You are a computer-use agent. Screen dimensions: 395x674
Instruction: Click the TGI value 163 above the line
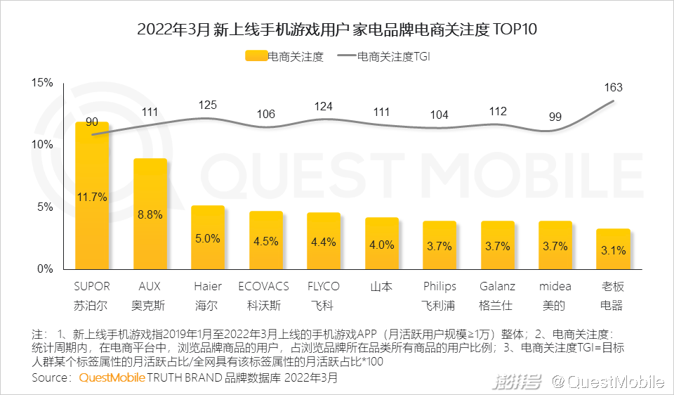click(x=613, y=88)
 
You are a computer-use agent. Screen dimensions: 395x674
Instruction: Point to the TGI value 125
click(x=208, y=105)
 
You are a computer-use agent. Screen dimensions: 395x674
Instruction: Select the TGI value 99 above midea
click(x=555, y=117)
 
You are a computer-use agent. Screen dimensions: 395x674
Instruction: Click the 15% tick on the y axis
click(x=43, y=83)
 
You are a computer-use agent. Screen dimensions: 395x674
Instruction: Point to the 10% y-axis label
click(x=43, y=145)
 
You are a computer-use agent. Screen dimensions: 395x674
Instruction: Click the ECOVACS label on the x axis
click(x=265, y=287)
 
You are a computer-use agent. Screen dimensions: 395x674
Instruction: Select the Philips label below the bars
click(x=440, y=287)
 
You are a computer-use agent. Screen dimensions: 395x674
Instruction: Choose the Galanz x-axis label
click(x=497, y=287)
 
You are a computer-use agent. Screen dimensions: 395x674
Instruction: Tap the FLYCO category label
click(x=324, y=287)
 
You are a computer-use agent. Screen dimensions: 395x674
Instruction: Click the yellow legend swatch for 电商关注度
click(x=256, y=57)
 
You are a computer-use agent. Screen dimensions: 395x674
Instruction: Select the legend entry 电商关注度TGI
click(x=393, y=57)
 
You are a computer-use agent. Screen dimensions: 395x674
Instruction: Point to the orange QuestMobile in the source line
click(x=112, y=378)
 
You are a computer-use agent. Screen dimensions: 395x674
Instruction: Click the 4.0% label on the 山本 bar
click(x=381, y=245)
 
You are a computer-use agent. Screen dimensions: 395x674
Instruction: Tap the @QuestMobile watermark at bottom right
click(x=607, y=382)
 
